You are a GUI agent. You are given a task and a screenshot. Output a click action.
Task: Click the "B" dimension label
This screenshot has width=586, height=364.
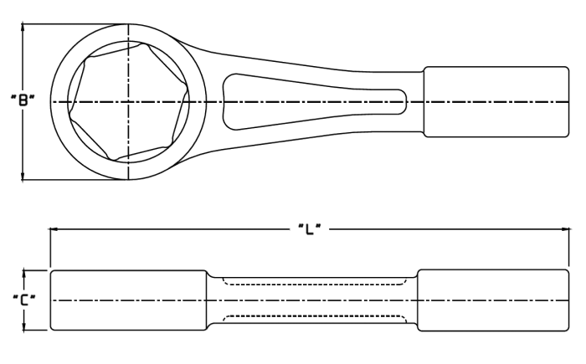23,100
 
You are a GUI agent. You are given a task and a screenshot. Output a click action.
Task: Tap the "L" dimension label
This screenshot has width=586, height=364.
310,228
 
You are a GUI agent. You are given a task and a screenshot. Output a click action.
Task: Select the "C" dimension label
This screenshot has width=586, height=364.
24,300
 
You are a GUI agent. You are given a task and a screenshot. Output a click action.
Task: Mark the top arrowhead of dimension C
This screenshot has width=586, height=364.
24,274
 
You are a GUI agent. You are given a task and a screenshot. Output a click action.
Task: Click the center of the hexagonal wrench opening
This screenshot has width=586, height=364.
128,102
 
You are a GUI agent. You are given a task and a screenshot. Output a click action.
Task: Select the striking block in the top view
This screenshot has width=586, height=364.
496,102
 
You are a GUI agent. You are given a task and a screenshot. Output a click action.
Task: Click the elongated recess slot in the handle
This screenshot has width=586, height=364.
315,101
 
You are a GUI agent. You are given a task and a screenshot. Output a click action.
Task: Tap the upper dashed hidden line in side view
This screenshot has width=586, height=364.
315,281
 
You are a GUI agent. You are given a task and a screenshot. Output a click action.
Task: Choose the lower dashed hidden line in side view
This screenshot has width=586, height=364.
315,319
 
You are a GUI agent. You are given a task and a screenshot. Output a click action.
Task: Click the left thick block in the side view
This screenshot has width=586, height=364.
129,300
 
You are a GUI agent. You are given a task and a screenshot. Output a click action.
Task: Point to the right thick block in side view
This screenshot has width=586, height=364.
493,300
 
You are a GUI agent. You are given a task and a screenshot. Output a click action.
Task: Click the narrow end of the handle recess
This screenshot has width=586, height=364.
404,101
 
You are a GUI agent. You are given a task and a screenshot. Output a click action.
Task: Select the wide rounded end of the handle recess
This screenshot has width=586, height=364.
226,101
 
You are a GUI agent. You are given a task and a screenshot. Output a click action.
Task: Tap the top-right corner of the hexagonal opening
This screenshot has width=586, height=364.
146,45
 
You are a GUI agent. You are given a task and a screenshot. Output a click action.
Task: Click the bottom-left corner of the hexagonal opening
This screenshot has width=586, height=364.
111,158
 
